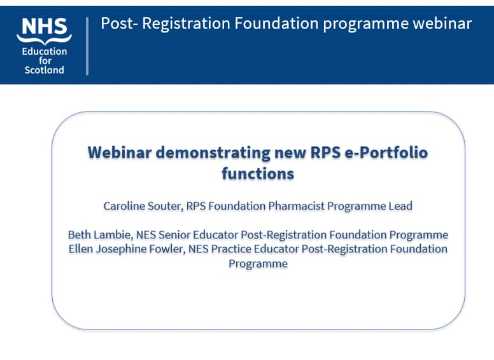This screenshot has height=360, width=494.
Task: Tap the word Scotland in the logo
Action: pyautogui.click(x=45, y=70)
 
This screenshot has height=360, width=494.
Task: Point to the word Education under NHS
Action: pyautogui.click(x=45, y=52)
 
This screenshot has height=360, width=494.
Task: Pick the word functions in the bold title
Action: pyautogui.click(x=258, y=173)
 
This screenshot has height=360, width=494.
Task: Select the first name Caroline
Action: pyautogui.click(x=125, y=206)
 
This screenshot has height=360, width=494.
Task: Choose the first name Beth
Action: pyautogui.click(x=80, y=235)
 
